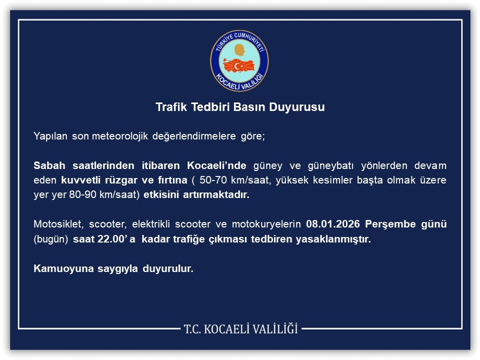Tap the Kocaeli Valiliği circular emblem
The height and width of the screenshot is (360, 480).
(x=239, y=60)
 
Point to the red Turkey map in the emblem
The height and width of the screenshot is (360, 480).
(x=239, y=65)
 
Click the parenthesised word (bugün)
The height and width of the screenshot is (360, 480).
(x=50, y=238)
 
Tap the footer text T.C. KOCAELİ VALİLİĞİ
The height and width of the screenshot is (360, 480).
(x=240, y=329)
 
